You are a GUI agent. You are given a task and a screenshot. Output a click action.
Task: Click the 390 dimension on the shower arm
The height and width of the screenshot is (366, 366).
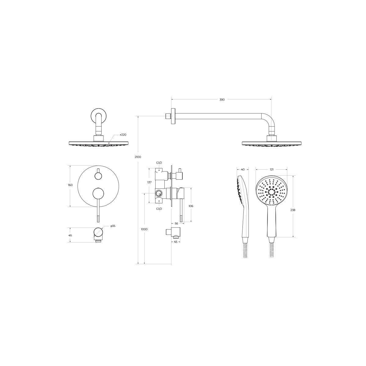pos(222,100)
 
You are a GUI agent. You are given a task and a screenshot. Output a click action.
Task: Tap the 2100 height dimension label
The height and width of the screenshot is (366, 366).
pos(138,157)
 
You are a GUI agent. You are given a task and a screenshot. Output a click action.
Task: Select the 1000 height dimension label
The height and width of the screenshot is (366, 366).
pos(144,229)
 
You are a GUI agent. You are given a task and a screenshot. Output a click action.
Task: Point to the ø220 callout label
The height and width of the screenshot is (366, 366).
pos(123,135)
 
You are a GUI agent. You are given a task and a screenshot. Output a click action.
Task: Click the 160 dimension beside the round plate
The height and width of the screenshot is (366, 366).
pos(70,185)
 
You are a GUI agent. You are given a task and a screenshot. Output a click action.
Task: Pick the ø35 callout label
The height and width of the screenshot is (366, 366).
pos(113,226)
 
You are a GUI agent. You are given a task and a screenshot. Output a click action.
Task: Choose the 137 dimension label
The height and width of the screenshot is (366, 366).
pos(149,182)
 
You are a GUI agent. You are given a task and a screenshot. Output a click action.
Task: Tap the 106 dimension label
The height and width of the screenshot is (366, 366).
pos(191,206)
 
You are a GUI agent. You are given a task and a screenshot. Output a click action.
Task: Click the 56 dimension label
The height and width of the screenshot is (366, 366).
pos(177,224)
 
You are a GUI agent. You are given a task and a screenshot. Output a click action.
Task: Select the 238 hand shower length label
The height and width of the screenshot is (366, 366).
pos(293,210)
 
